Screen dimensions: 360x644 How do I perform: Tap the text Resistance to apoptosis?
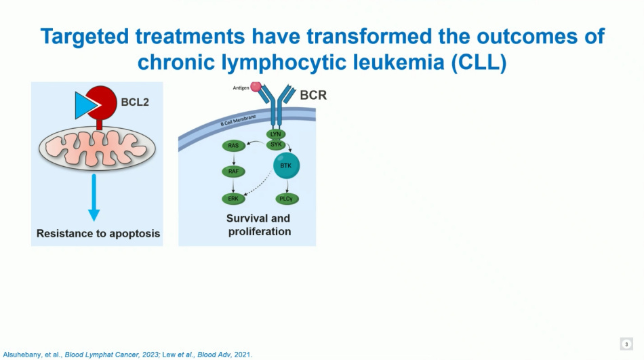pyautogui.click(x=98, y=233)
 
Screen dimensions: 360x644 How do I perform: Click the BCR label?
pyautogui.click(x=313, y=95)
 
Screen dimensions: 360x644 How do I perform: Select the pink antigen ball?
pyautogui.click(x=256, y=87)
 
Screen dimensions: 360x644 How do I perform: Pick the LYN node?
pyautogui.click(x=276, y=134)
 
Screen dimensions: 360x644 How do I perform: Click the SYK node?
pyautogui.click(x=276, y=143)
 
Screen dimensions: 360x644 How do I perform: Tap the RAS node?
pyautogui.click(x=233, y=146)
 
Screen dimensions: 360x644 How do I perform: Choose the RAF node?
pyautogui.click(x=233, y=172)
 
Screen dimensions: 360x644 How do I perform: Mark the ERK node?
pyautogui.click(x=233, y=199)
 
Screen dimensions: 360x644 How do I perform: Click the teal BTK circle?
pyautogui.click(x=285, y=165)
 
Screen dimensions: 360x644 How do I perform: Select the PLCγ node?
pyautogui.click(x=285, y=199)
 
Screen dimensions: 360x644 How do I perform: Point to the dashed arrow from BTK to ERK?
pyautogui.click(x=261, y=184)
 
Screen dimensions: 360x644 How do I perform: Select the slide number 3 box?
pyautogui.click(x=626, y=344)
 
